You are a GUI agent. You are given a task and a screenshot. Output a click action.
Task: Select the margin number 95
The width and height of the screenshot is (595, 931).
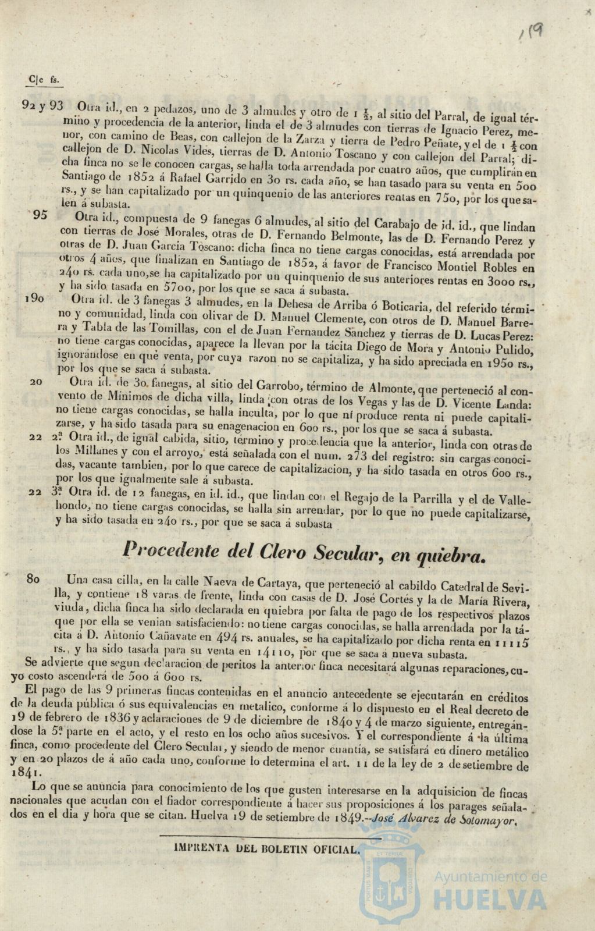point(40,215)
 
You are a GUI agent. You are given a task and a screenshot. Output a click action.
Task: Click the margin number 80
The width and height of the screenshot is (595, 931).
point(34,580)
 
